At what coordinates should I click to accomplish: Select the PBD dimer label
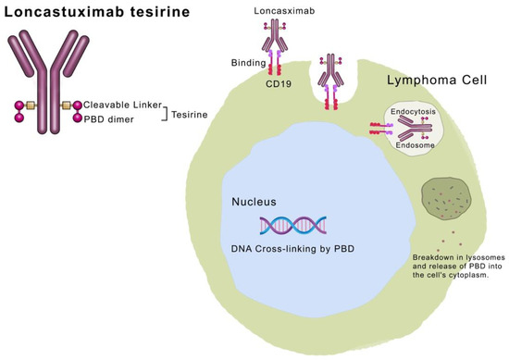pyautogui.click(x=111, y=118)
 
